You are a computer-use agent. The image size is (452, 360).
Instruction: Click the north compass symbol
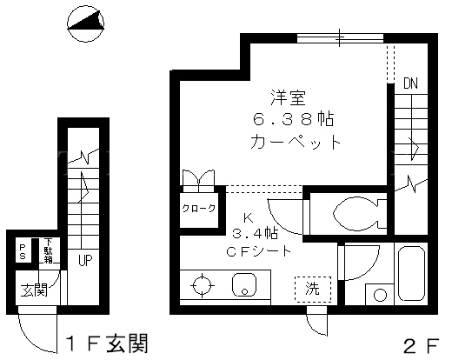click(85, 23)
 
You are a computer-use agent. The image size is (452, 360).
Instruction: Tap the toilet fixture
click(360, 214)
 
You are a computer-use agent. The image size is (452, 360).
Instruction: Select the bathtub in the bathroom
click(411, 273)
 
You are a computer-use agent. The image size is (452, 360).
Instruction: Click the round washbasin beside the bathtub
click(380, 296)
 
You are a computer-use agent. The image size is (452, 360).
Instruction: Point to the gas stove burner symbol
click(203, 285)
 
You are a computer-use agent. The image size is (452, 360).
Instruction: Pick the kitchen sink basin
click(244, 284)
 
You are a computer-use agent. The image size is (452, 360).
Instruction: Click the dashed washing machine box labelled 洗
click(313, 290)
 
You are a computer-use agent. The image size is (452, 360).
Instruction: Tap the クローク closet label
click(199, 209)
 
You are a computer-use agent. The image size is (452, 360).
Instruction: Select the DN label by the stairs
click(410, 83)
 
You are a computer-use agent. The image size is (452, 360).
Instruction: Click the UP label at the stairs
click(85, 260)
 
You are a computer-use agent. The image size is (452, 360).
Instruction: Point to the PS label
click(23, 251)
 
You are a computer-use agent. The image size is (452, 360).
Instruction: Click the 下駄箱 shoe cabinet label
click(48, 251)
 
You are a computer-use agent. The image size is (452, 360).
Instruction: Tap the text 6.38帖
click(294, 119)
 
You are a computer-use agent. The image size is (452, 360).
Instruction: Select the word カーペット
click(296, 142)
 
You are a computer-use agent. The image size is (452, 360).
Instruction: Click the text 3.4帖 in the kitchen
click(255, 233)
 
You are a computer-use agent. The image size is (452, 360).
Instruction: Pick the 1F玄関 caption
click(107, 343)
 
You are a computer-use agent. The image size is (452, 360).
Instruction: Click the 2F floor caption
click(422, 346)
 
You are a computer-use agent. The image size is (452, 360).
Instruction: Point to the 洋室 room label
click(289, 97)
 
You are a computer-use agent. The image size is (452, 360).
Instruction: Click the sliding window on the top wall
click(340, 38)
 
